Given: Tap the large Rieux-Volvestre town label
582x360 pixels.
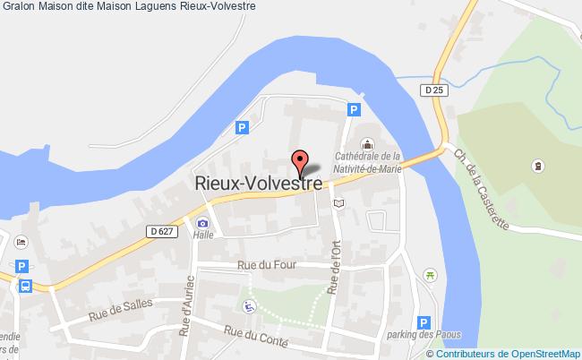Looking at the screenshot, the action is (x=258, y=182).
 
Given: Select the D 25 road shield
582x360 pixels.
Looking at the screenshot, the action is (x=434, y=90).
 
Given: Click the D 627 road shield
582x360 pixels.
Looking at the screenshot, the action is (x=160, y=232).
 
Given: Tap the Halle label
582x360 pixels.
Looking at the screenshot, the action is (x=202, y=236).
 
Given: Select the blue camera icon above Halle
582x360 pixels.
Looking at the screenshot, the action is (x=203, y=223).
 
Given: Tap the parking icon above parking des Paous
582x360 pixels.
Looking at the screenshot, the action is (x=425, y=321).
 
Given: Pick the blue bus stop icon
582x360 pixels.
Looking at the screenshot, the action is (x=24, y=286).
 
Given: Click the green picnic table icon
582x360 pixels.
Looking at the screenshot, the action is (x=429, y=274).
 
